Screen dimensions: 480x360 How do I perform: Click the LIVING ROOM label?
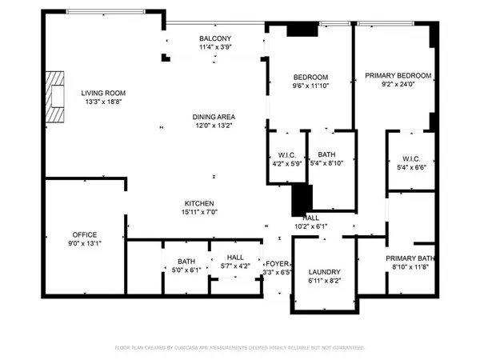(103, 93)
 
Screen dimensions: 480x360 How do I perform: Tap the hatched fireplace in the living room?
(54, 97)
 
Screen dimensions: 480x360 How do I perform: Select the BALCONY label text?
(215, 38)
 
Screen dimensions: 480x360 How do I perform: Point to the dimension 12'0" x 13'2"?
(214, 126)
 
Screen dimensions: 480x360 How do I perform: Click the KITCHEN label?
(199, 203)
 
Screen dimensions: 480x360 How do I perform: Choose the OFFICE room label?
(85, 234)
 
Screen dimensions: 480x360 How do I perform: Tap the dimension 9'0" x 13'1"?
(85, 244)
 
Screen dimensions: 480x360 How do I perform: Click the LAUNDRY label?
(325, 272)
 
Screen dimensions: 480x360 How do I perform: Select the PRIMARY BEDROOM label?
(398, 76)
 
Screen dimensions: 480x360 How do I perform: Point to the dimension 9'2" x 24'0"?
(398, 85)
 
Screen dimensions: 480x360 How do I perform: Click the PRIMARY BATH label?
(410, 258)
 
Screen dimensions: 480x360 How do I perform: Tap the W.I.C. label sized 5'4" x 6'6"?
(411, 159)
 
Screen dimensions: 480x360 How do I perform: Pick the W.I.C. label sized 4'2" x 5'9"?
(287, 155)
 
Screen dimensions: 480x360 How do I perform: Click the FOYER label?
(277, 263)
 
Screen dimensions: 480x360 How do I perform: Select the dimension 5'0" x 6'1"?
(186, 270)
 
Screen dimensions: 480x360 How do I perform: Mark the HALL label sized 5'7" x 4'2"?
(235, 258)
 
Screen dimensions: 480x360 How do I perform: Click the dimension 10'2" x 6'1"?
(311, 226)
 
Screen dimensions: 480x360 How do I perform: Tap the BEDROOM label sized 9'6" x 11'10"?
(310, 77)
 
